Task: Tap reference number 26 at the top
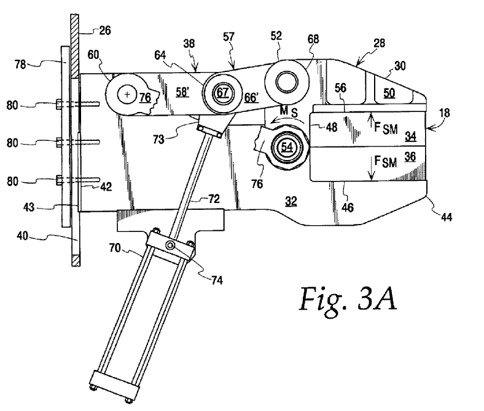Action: (x=104, y=28)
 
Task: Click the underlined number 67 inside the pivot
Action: (x=221, y=92)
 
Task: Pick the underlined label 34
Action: (x=410, y=135)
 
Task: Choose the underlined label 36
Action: (x=410, y=158)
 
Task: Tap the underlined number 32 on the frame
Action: (x=291, y=199)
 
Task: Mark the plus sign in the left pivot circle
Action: (x=127, y=95)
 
